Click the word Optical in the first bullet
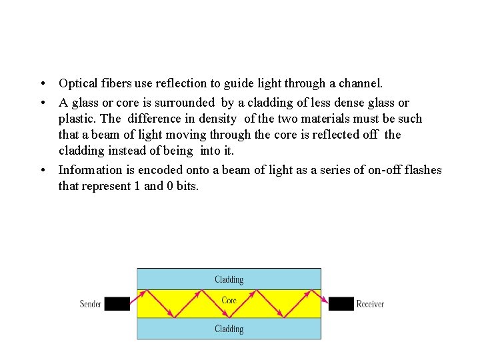(x=77, y=84)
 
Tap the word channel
(x=361, y=84)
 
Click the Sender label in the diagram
(x=91, y=304)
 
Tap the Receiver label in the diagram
(x=370, y=304)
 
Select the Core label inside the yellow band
(x=229, y=301)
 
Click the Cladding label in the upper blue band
(x=229, y=279)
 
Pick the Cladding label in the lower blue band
(x=229, y=329)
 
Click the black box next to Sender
(x=117, y=304)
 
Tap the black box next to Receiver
(x=341, y=304)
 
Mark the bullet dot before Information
(x=42, y=170)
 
